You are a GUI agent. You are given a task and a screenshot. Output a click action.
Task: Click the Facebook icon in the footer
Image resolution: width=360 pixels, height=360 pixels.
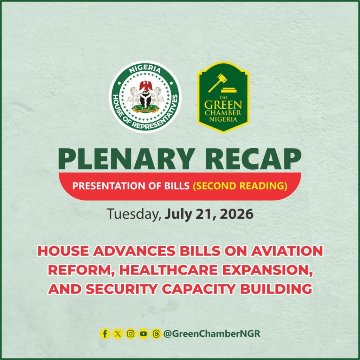(x=105, y=334)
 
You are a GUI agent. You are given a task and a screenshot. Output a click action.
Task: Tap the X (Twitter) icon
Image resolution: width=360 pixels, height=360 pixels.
(x=118, y=334)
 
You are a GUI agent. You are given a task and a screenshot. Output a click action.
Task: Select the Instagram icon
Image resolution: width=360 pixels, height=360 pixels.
(x=131, y=334)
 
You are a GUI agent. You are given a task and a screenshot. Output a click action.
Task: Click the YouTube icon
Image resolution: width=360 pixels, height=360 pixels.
(x=143, y=334)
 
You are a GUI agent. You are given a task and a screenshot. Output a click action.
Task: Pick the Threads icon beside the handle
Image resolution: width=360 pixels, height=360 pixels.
(x=156, y=334)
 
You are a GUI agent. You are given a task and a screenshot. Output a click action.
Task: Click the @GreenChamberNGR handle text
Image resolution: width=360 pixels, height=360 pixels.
(x=212, y=334)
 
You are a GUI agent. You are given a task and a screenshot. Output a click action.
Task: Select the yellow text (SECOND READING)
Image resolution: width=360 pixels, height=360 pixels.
(x=240, y=186)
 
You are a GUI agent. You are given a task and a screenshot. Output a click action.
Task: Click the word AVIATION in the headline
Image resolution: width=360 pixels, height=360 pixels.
(x=287, y=251)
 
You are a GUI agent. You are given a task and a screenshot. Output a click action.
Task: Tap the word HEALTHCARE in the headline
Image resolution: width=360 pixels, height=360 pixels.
(x=169, y=270)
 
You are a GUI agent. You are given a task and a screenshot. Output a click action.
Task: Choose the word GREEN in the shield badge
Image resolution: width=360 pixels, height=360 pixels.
(x=223, y=105)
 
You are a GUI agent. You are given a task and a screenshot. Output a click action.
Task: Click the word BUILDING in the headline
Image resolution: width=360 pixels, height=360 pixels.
(x=276, y=289)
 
